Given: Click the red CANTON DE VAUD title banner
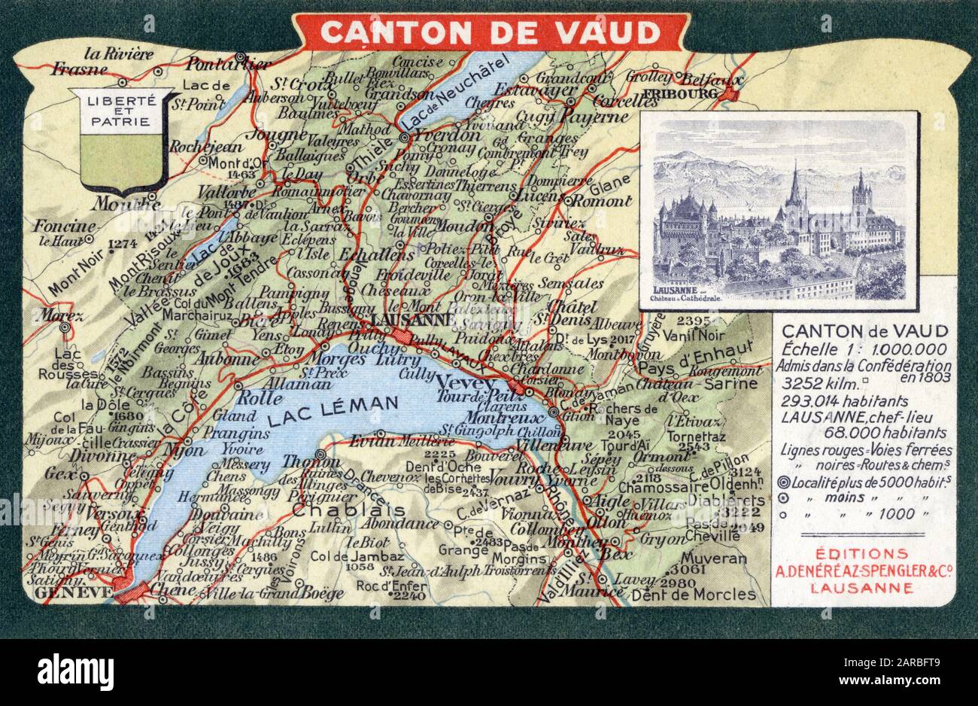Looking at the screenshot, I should click(490, 32).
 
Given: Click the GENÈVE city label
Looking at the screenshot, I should click(73, 593).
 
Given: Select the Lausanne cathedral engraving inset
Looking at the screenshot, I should click(779, 211).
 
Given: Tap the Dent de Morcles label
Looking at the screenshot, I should click(693, 595).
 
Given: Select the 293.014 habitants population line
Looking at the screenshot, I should click(834, 401).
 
